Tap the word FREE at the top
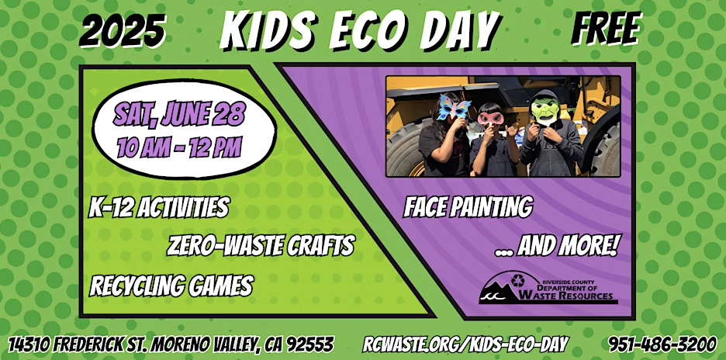pos(607,29)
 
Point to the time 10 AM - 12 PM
pos(179,147)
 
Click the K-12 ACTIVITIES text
pos(159,207)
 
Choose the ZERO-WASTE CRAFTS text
pos(260,245)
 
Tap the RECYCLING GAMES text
pos(171,285)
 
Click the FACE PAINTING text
pos(468,206)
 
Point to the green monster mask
pos(545,109)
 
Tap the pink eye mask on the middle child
pos(490,118)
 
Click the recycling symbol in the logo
pos(517,281)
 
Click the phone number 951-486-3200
pos(662,344)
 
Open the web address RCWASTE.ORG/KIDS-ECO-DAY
pos(465,344)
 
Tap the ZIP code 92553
pos(310,344)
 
